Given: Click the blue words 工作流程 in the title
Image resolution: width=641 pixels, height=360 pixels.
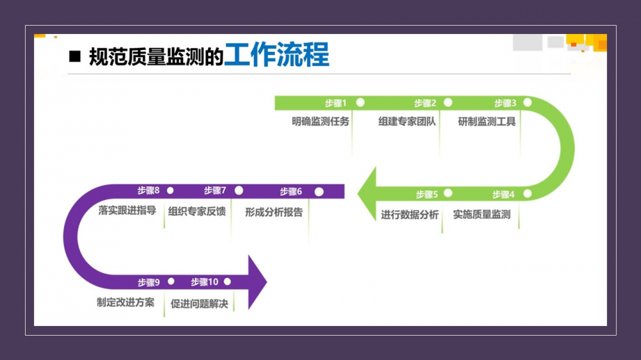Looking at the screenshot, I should pyautogui.click(x=277, y=56).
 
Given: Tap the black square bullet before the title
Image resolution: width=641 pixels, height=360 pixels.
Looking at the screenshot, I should pyautogui.click(x=75, y=56).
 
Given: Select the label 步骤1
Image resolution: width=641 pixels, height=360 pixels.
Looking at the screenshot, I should pyautogui.click(x=335, y=103).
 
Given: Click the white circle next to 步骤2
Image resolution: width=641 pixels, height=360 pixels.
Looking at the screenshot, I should pyautogui.click(x=447, y=102).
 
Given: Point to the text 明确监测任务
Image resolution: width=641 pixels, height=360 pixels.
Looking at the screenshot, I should pyautogui.click(x=320, y=121).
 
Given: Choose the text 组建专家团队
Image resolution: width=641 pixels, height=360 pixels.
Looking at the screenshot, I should pyautogui.click(x=407, y=121).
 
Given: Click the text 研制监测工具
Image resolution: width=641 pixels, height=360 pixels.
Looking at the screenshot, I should pyautogui.click(x=487, y=121).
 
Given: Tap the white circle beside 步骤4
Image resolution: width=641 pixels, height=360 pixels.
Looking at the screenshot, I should pyautogui.click(x=527, y=193).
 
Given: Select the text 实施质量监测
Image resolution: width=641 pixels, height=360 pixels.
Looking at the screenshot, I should pyautogui.click(x=482, y=215).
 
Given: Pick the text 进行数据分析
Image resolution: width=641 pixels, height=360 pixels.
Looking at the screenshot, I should pyautogui.click(x=410, y=215).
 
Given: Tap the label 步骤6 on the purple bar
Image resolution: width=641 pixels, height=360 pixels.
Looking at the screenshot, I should pyautogui.click(x=291, y=192).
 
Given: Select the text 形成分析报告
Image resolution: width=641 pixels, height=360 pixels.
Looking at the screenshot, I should pyautogui.click(x=274, y=212).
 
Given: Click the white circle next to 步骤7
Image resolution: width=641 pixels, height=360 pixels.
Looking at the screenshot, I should pyautogui.click(x=239, y=190).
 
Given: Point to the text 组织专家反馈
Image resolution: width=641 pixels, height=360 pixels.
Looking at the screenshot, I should pyautogui.click(x=197, y=211).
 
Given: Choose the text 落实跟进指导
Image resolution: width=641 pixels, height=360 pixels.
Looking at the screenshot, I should pyautogui.click(x=127, y=210).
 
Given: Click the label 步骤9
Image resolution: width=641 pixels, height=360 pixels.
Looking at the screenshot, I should pyautogui.click(x=148, y=282).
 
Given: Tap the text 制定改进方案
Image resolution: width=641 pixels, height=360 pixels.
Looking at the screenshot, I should pyautogui.click(x=126, y=302).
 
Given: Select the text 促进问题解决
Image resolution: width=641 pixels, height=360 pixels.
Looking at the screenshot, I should pyautogui.click(x=199, y=304).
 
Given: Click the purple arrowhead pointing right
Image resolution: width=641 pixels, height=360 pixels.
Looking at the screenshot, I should pyautogui.click(x=256, y=282).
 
